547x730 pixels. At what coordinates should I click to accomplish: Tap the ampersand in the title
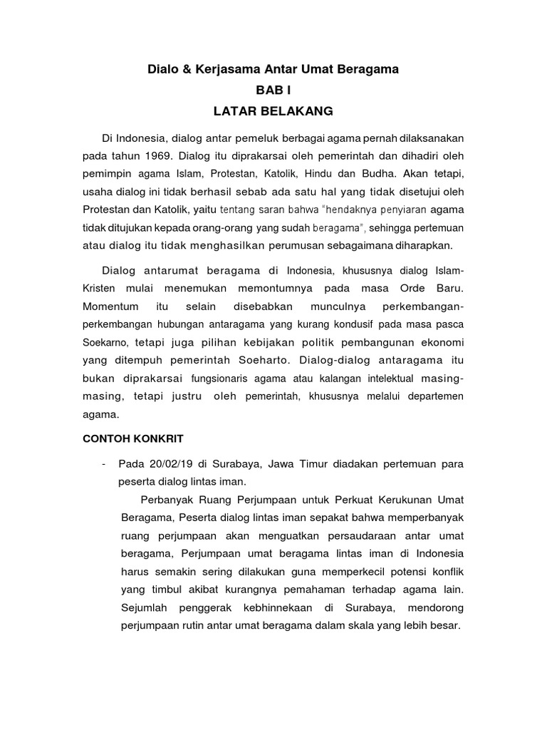pos(188,69)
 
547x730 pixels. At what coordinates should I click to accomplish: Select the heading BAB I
pos(273,91)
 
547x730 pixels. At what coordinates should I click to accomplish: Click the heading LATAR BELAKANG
pos(273,112)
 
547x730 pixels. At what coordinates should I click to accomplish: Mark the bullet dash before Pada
pos(105,464)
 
